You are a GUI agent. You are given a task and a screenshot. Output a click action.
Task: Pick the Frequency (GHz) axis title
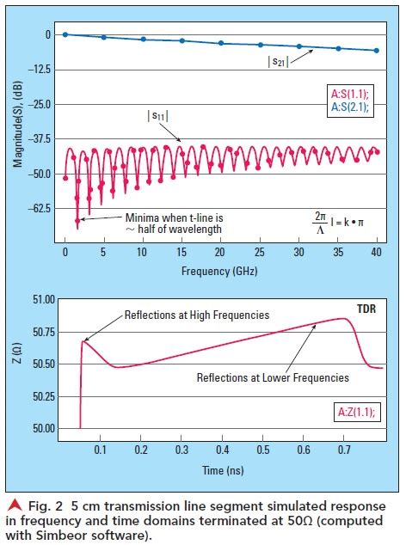pyautogui.click(x=220, y=270)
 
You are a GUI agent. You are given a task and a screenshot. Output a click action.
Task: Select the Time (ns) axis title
pyautogui.click(x=222, y=471)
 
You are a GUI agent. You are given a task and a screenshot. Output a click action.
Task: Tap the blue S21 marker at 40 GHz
pyautogui.click(x=376, y=51)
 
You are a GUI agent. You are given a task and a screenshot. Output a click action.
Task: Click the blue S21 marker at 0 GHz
pyautogui.click(x=65, y=34)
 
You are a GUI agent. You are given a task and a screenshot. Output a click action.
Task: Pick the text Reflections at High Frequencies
pyautogui.click(x=197, y=315)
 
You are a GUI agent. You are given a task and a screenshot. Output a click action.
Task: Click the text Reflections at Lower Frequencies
pyautogui.click(x=272, y=377)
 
